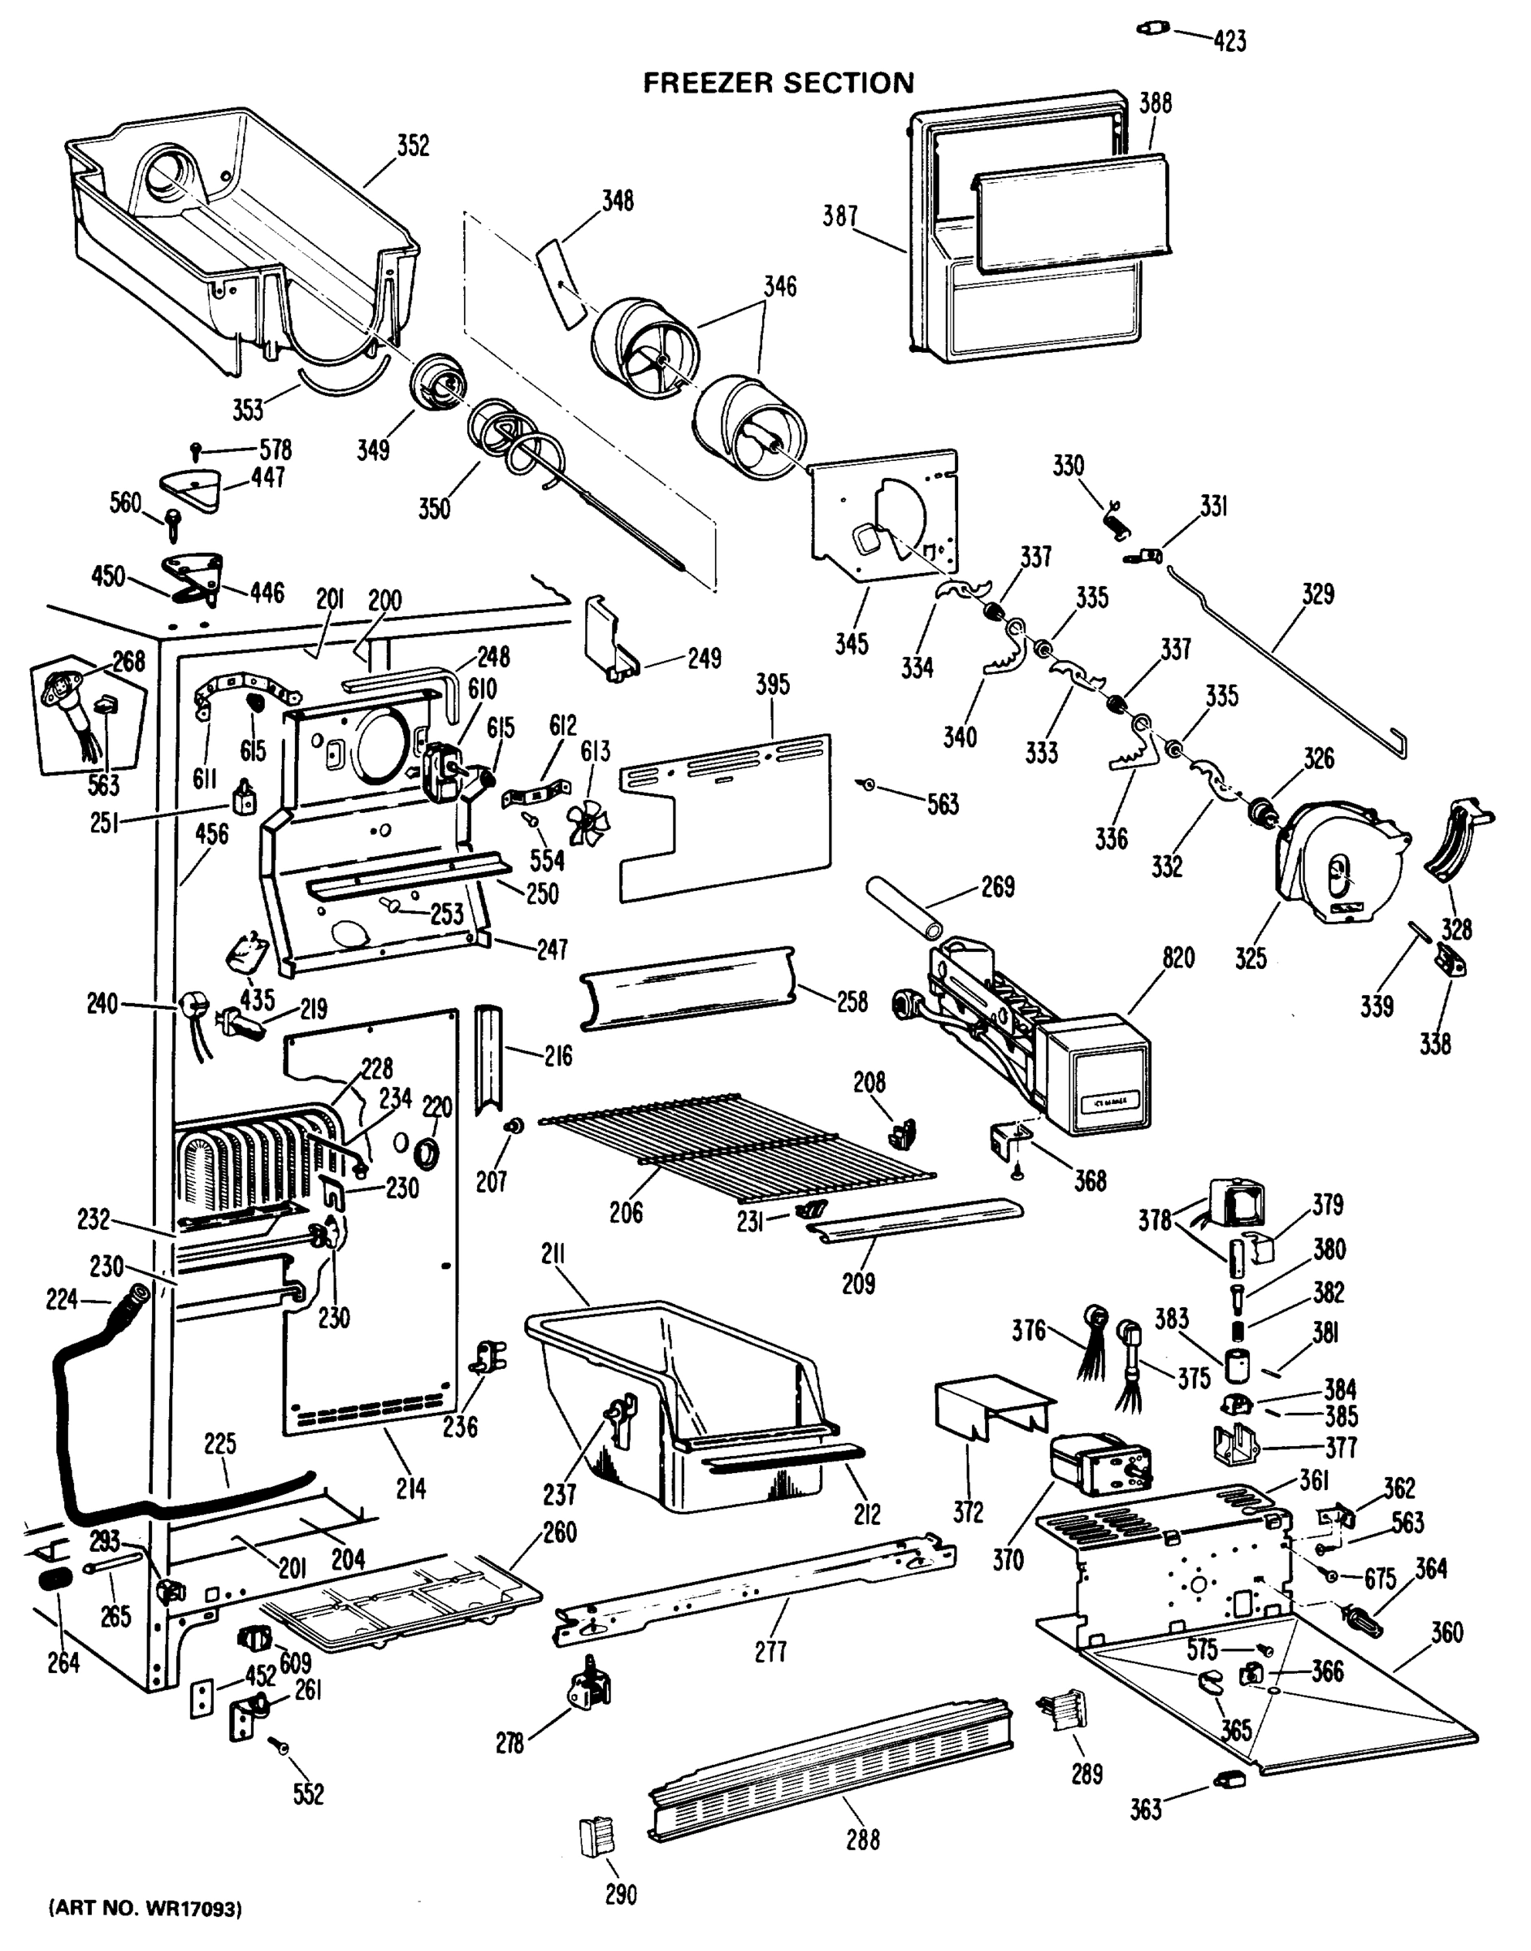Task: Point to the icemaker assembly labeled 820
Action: pyautogui.click(x=1040, y=1040)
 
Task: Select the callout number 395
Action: pyautogui.click(x=772, y=684)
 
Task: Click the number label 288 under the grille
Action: pyautogui.click(x=862, y=1840)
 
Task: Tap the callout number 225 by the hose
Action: pyautogui.click(x=219, y=1444)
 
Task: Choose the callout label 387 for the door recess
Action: pyautogui.click(x=840, y=216)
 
